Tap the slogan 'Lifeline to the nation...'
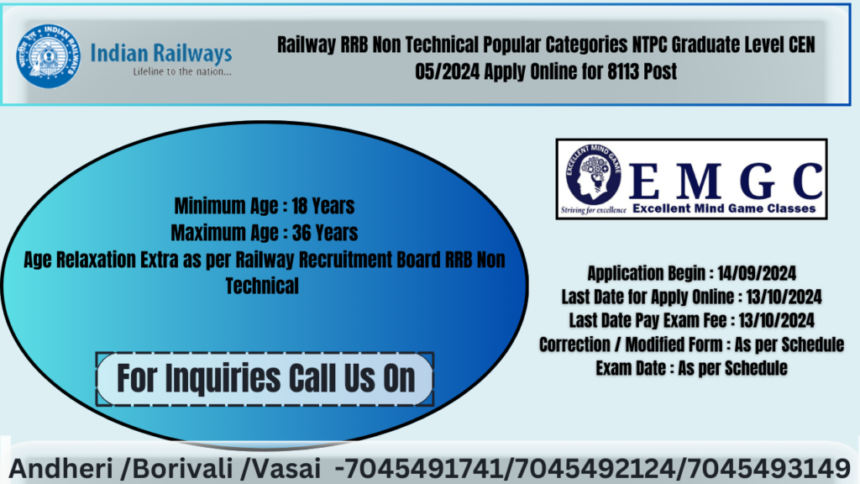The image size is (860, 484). pyautogui.click(x=182, y=71)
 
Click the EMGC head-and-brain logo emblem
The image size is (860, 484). pyautogui.click(x=590, y=179)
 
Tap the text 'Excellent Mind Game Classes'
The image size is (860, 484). pyautogui.click(x=723, y=208)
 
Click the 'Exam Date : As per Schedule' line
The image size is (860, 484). pyautogui.click(x=691, y=368)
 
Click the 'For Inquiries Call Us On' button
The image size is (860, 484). pyautogui.click(x=265, y=377)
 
